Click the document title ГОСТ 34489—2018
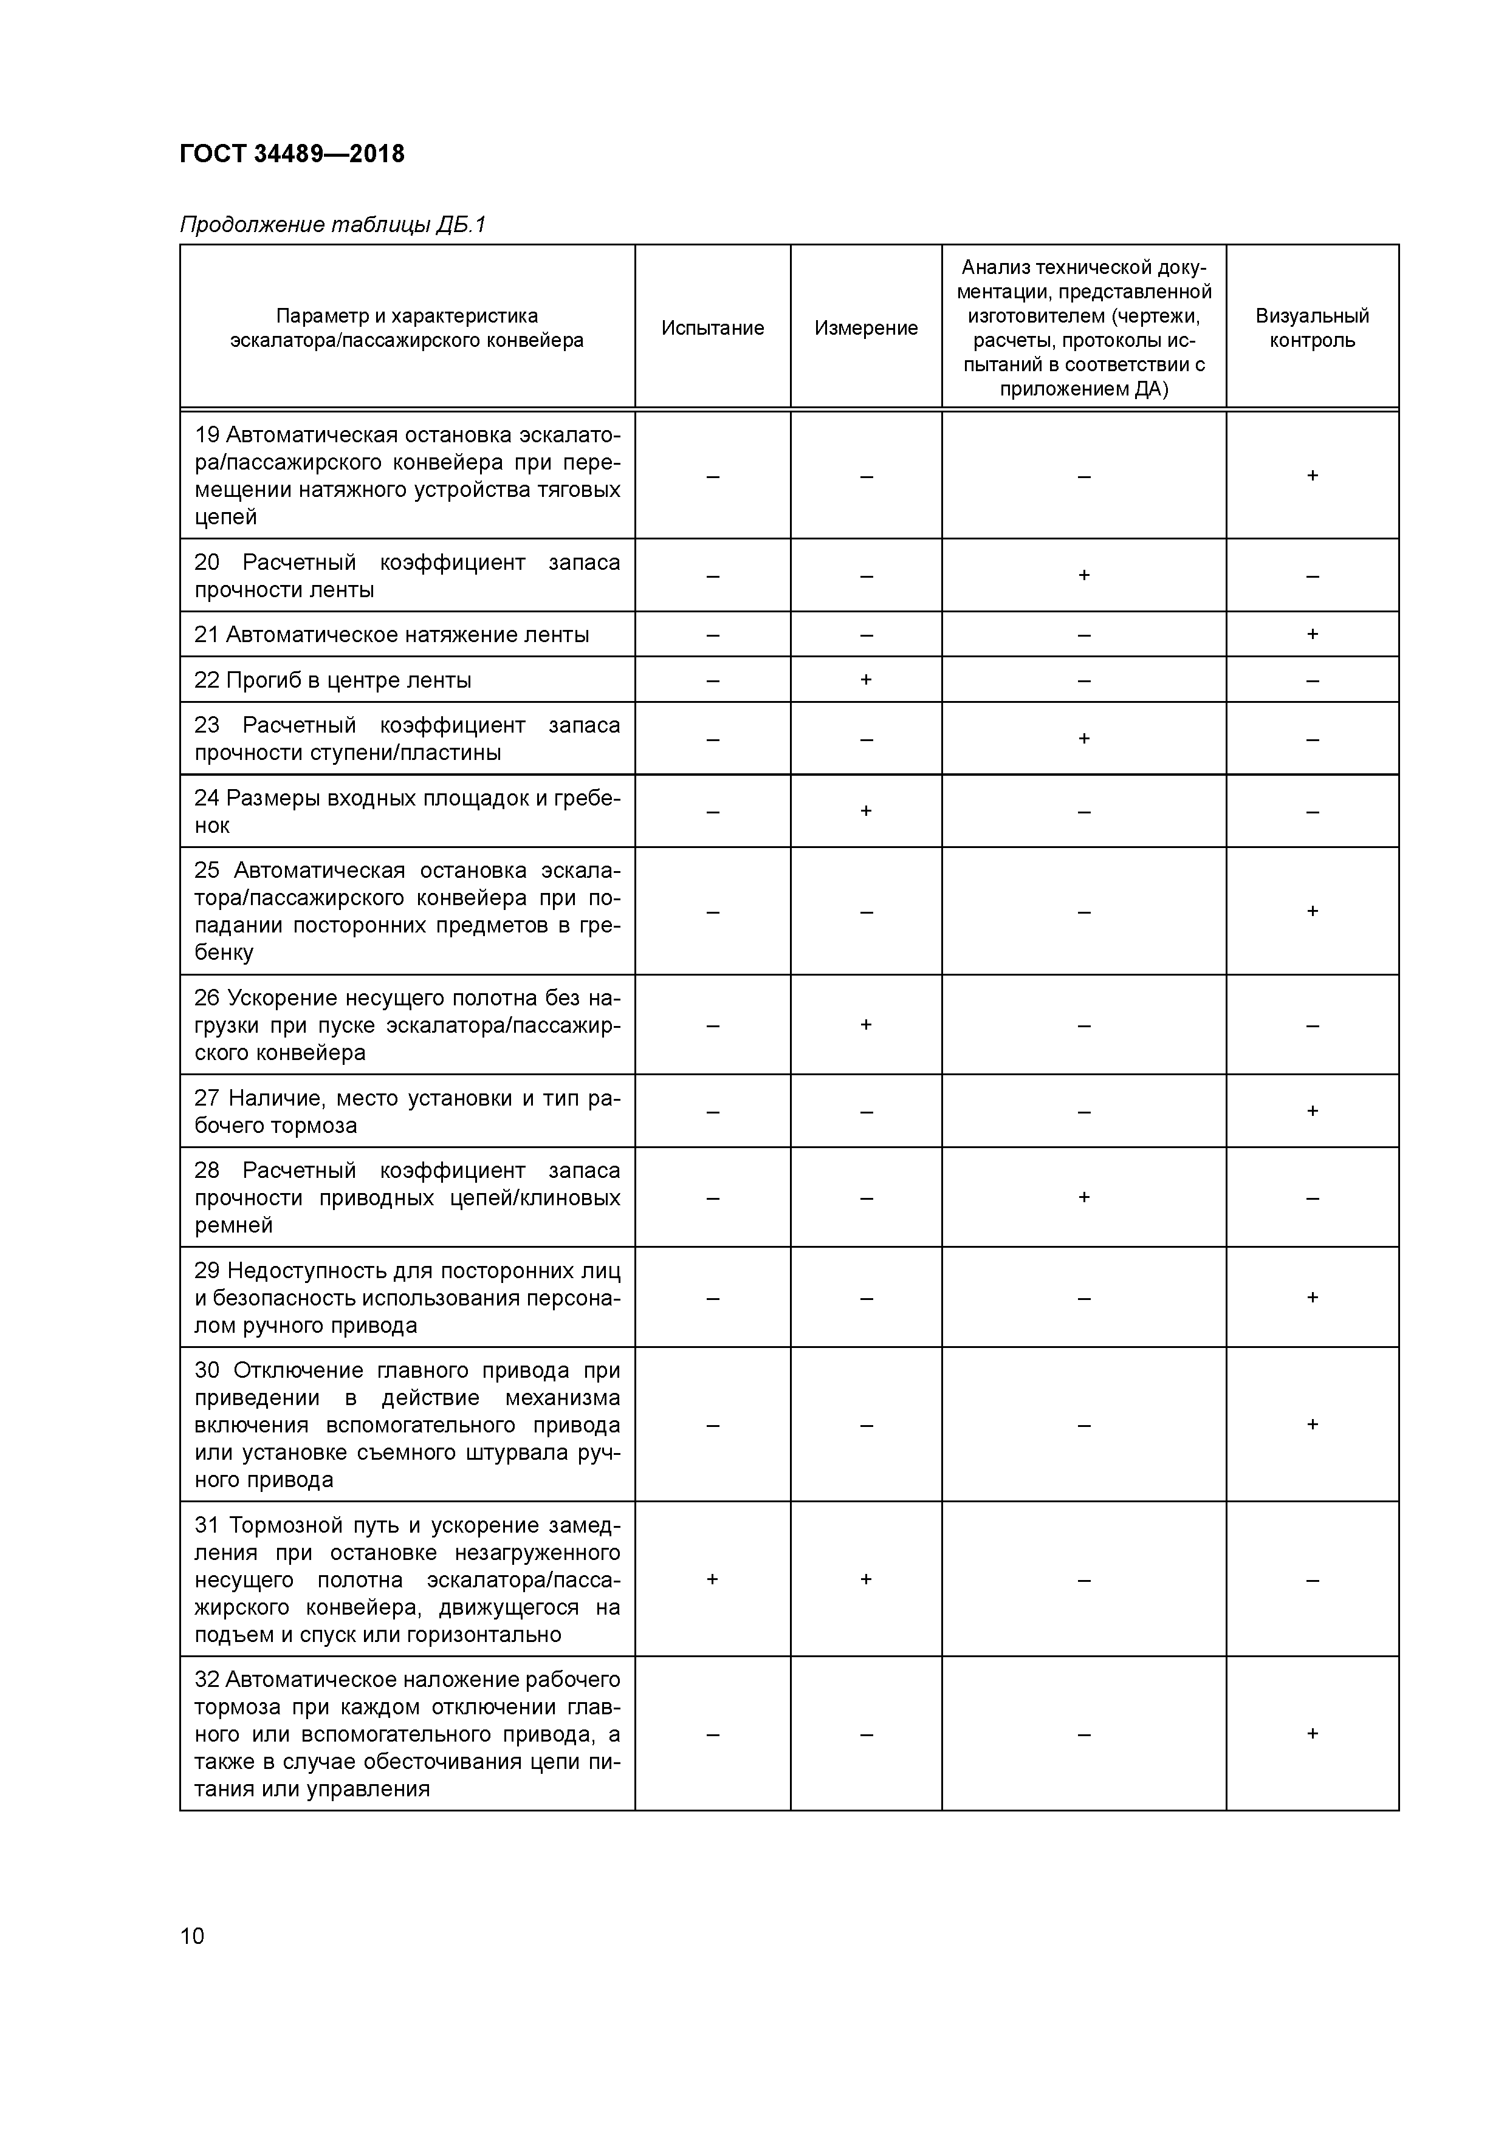pos(292,154)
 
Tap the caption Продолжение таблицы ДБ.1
pos(332,225)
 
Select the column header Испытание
pos(712,327)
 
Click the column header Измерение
pos(865,327)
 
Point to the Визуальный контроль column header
pos(1311,327)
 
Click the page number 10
pos(192,1935)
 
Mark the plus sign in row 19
pos(1312,475)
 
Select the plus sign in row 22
pos(865,679)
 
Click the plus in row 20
pos(1083,575)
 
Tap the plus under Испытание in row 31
pos(712,1579)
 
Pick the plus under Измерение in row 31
pos(865,1579)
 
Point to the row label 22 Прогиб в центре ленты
pos(332,680)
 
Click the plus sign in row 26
pos(865,1025)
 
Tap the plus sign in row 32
pos(1312,1734)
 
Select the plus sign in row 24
pos(865,811)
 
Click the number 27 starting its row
pos(206,1098)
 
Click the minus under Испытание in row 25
pos(712,911)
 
